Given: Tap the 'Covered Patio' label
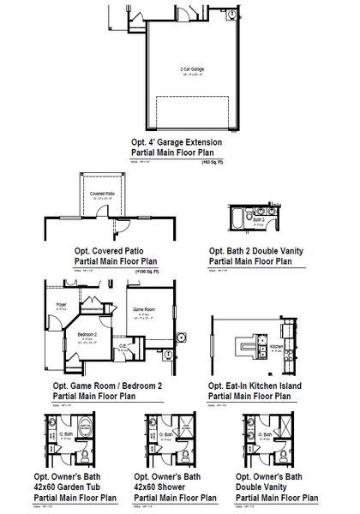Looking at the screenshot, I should (x=103, y=194).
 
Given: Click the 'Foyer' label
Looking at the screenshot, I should (x=61, y=304).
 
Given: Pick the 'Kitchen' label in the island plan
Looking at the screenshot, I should (x=276, y=347).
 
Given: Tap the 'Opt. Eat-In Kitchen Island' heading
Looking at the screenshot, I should (x=261, y=386).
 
